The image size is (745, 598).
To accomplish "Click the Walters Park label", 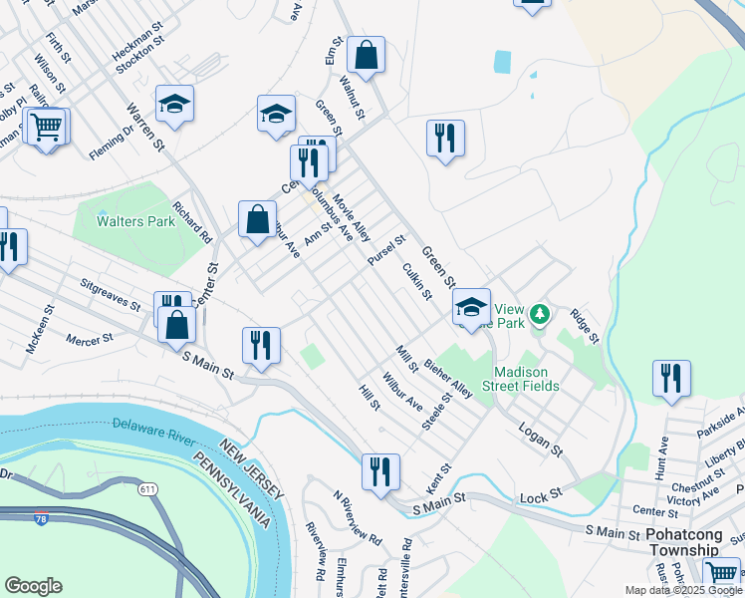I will [136, 221].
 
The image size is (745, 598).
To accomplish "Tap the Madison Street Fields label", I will [521, 378].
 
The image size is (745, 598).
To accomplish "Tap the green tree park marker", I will [540, 315].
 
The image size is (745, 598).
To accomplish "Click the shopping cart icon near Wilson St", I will [46, 127].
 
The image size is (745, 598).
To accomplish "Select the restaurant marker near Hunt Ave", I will [672, 379].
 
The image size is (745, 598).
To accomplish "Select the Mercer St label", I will [90, 341].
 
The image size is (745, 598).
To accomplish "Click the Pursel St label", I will [386, 249].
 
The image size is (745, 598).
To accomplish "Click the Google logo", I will [33, 586].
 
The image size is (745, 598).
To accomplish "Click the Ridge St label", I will [584, 326].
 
